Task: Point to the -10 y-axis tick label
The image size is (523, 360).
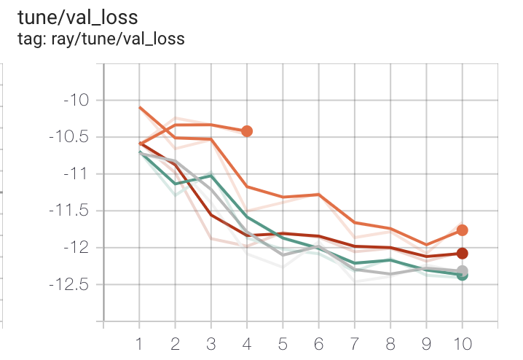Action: [74, 100]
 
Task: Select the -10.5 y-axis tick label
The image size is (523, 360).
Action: [66, 137]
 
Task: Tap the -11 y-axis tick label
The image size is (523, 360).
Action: [74, 174]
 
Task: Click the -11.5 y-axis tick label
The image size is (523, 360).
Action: [66, 211]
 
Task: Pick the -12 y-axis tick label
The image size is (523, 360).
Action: [74, 248]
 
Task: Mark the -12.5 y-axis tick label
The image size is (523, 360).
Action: [66, 284]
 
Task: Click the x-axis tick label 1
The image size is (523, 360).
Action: [139, 343]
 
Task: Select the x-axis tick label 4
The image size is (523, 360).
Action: [247, 343]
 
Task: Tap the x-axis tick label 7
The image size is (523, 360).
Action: [355, 343]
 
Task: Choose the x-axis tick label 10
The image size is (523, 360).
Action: [463, 343]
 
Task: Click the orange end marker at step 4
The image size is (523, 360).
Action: [247, 131]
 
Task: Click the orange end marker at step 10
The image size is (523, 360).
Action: [462, 230]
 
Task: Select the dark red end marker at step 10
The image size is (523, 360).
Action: [462, 254]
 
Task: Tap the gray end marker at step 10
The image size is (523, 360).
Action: [462, 271]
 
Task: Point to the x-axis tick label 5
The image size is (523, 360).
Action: [283, 343]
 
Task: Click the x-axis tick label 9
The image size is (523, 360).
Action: [426, 343]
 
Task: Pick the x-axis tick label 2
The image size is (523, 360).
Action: [175, 343]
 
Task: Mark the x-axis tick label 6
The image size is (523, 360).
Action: [318, 343]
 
